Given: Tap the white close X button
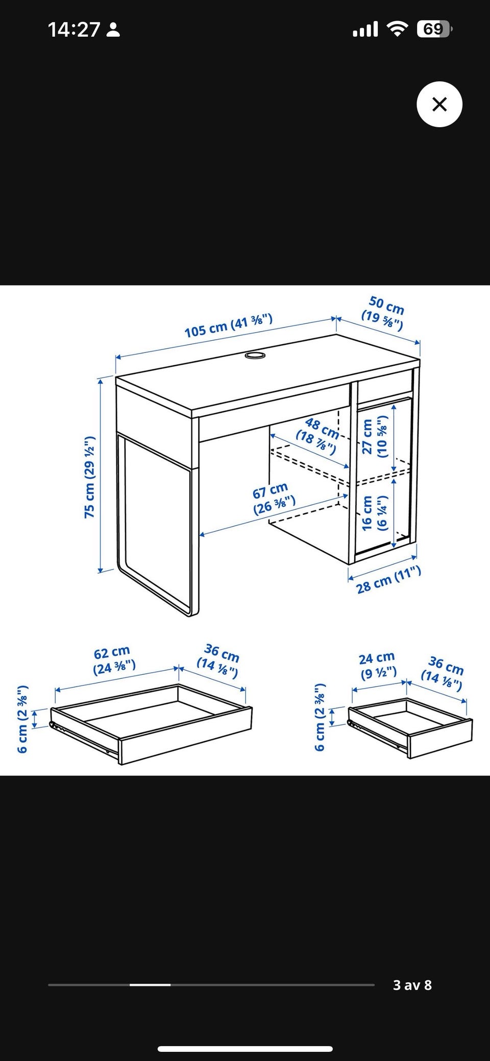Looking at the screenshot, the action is pyautogui.click(x=439, y=104).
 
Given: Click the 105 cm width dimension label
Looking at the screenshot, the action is pyautogui.click(x=229, y=326).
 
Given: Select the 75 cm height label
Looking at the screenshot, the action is pyautogui.click(x=90, y=477).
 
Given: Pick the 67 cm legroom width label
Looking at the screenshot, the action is pyautogui.click(x=273, y=499).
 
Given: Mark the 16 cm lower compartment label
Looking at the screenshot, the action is pyautogui.click(x=375, y=512).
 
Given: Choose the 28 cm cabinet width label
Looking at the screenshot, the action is pyautogui.click(x=389, y=580).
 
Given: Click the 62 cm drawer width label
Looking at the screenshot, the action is pyautogui.click(x=113, y=659).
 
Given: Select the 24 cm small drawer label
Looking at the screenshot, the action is pyautogui.click(x=378, y=665).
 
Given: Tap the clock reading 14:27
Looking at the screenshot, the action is pyautogui.click(x=74, y=30).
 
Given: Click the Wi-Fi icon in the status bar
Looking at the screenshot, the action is pyautogui.click(x=397, y=29).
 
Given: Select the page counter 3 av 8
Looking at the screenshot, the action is pyautogui.click(x=412, y=984).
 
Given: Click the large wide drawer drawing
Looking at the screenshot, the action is pyautogui.click(x=151, y=724).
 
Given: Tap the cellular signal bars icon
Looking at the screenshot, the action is pyautogui.click(x=365, y=29).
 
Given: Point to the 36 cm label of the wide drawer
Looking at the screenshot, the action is pyautogui.click(x=219, y=661).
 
